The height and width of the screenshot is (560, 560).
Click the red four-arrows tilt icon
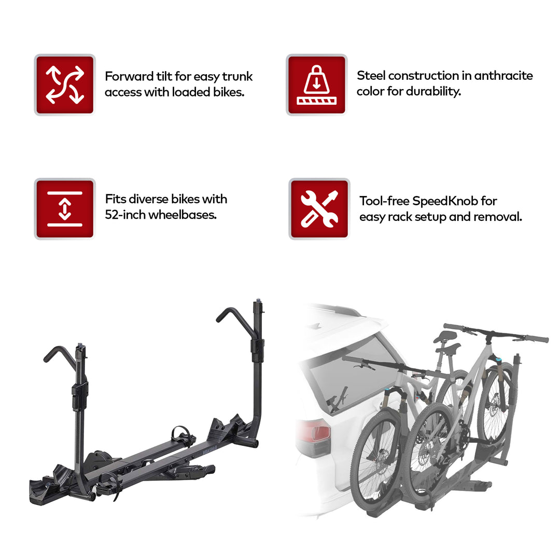pyautogui.click(x=65, y=85)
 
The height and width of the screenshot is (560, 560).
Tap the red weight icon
pyautogui.click(x=316, y=85)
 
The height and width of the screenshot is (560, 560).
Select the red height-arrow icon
pyautogui.click(x=65, y=208)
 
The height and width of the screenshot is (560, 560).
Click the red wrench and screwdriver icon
pyautogui.click(x=319, y=208)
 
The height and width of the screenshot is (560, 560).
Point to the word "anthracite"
pyautogui.click(x=503, y=76)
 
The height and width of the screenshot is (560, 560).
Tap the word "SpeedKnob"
pyautogui.click(x=445, y=201)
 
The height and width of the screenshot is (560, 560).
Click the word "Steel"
pyautogui.click(x=371, y=76)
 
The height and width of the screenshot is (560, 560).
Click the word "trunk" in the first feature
pyautogui.click(x=238, y=77)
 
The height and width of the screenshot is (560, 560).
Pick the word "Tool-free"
pyautogui.click(x=384, y=201)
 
